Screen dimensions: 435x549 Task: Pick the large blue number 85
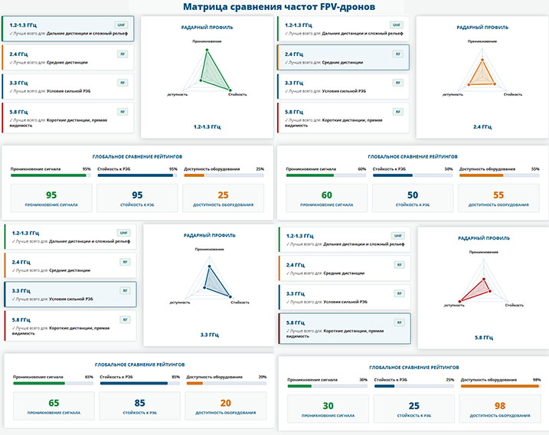click(x=139, y=403)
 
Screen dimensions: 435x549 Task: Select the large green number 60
click(x=327, y=195)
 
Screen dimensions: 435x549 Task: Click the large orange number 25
click(x=224, y=195)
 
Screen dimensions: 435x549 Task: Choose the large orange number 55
click(x=498, y=195)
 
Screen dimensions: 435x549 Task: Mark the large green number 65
click(x=53, y=403)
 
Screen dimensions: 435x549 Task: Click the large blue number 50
click(x=413, y=195)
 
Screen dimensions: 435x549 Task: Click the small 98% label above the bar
click(x=536, y=379)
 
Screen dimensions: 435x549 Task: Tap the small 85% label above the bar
click(x=176, y=377)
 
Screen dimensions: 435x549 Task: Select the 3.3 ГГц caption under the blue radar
click(x=211, y=335)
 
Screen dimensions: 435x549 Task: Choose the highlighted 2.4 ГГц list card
click(x=342, y=57)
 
